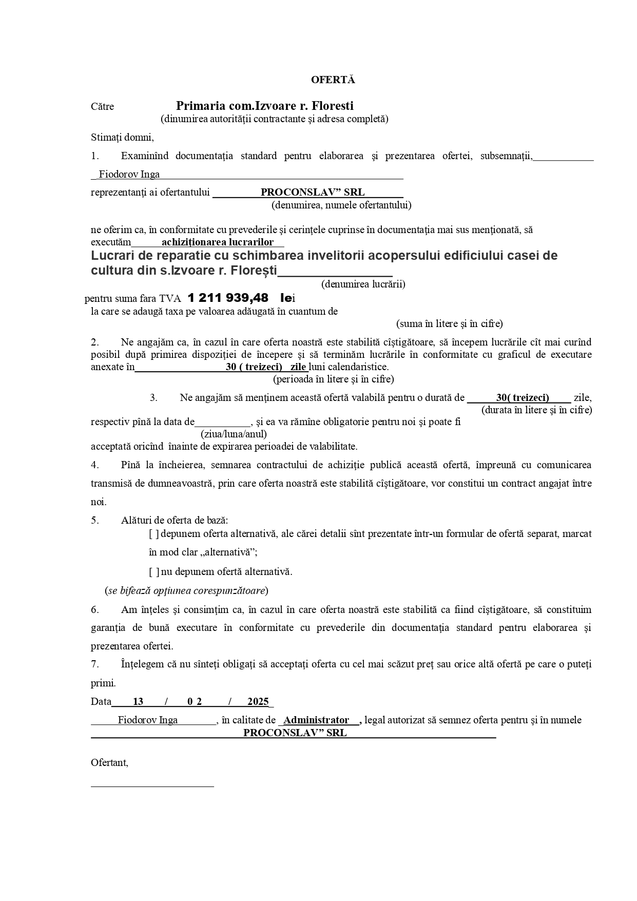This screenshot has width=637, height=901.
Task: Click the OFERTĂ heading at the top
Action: (x=333, y=80)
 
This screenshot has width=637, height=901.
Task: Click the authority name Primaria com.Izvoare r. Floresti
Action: (x=265, y=106)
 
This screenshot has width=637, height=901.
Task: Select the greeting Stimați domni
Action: (x=122, y=138)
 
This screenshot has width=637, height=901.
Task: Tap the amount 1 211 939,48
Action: (x=228, y=298)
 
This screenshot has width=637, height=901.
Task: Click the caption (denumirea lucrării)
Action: (x=363, y=284)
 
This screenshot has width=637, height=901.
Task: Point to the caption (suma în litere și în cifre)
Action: (x=449, y=324)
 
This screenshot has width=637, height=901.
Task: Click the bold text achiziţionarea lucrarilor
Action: (x=217, y=242)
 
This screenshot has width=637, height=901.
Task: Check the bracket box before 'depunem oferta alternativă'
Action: (x=154, y=534)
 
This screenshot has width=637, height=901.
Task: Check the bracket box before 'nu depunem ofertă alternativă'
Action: (x=154, y=572)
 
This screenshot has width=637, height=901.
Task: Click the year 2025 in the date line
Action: (x=258, y=702)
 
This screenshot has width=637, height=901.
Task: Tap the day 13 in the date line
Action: (x=138, y=702)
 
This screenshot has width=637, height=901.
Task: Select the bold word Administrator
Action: (x=316, y=720)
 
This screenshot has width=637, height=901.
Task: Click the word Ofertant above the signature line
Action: (x=109, y=763)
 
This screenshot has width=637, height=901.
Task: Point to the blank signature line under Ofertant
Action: (x=152, y=786)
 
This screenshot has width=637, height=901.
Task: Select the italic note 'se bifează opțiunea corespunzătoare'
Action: (x=186, y=590)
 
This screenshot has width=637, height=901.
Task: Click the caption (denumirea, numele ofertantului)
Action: (x=341, y=205)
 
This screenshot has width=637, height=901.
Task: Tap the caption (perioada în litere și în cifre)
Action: (x=333, y=379)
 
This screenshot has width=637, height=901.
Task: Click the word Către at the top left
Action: (x=102, y=107)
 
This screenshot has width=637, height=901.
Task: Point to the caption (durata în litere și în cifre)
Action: (x=536, y=410)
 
